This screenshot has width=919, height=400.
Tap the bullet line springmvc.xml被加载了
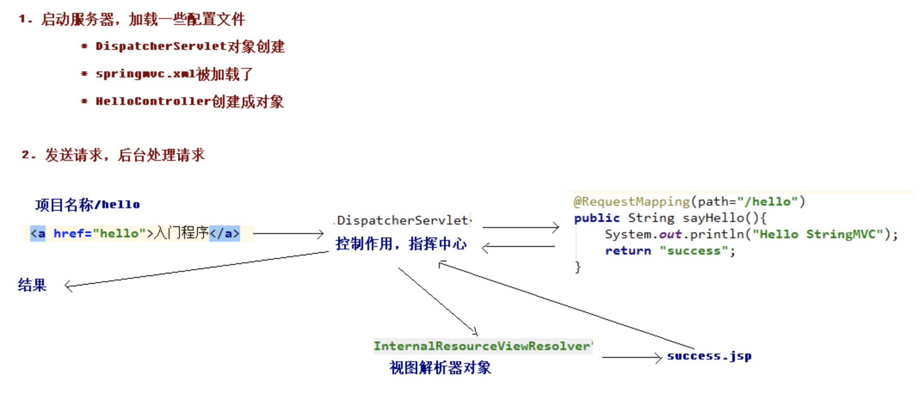[174, 74]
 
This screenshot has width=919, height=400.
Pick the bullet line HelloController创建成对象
[189, 102]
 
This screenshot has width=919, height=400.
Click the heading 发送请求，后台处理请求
[124, 155]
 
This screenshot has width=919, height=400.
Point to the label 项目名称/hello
[87, 205]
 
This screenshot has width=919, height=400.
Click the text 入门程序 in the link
[181, 233]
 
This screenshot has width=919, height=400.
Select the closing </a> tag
[224, 233]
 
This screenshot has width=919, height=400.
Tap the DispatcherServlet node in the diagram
[402, 221]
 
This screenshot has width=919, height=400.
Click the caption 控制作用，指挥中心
[401, 244]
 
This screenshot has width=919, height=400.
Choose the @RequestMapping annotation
[631, 202]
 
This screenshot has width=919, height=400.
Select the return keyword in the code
[628, 251]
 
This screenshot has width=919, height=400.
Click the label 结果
[32, 285]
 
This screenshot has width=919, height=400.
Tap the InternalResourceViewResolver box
[482, 346]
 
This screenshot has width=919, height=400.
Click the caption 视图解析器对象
[440, 368]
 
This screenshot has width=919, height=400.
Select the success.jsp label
[709, 356]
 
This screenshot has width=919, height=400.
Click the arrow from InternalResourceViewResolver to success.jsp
[632, 357]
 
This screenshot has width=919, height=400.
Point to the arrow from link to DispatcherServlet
[288, 234]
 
